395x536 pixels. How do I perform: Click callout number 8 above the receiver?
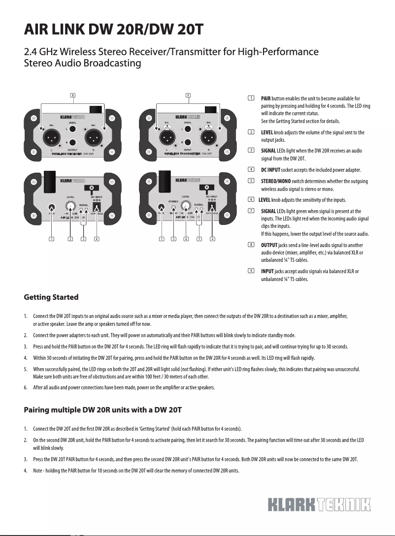pos(73,95)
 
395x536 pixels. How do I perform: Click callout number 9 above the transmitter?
pos(188,95)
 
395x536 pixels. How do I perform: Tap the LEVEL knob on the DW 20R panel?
pos(71,206)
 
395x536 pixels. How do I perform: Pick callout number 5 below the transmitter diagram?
pos(173,239)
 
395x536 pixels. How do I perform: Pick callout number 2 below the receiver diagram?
pos(70,239)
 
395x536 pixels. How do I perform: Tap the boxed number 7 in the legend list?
pos(251,211)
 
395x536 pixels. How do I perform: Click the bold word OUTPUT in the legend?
pos(269,245)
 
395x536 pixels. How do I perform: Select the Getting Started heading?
pos(51,297)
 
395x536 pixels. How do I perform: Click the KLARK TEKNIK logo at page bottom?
pos(319,504)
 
